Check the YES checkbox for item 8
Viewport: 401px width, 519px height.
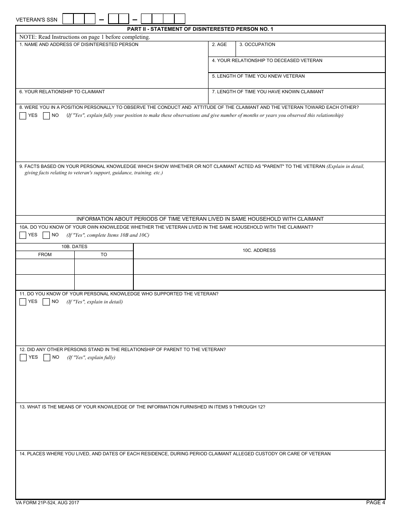[23, 116]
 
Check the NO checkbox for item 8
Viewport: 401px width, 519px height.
[46, 116]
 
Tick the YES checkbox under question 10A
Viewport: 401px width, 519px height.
[23, 235]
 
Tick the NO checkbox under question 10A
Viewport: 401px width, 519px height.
[46, 235]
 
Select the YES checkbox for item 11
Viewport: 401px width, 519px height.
[23, 302]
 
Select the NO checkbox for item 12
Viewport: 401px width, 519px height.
[47, 357]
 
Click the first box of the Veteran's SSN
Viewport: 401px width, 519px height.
[68, 19]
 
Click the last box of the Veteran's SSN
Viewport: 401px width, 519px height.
[180, 19]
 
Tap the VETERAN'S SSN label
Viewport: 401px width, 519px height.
[36, 20]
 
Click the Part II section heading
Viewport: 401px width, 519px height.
[200, 29]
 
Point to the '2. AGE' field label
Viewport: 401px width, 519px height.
[219, 45]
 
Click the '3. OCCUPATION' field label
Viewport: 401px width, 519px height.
[257, 45]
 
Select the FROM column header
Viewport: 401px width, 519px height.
[45, 254]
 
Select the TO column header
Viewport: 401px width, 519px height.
[104, 254]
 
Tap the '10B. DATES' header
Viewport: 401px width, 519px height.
[74, 246]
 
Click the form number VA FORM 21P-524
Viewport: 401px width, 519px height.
[47, 503]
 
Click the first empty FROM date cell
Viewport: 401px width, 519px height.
[45, 266]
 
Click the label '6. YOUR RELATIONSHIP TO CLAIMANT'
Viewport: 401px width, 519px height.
[62, 92]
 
